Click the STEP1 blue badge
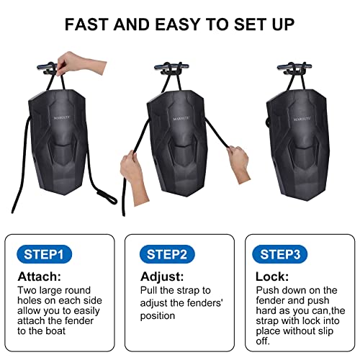(x=44, y=254)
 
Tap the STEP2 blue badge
(x=167, y=254)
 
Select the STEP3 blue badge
(x=280, y=254)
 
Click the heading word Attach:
(x=40, y=276)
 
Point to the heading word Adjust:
(x=162, y=276)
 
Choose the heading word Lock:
(x=272, y=276)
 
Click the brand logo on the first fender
(x=62, y=117)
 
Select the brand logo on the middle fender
(x=181, y=119)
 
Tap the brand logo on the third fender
(x=302, y=119)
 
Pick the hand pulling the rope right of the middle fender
(x=238, y=163)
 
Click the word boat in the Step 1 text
(x=55, y=331)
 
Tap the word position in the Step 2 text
(x=158, y=316)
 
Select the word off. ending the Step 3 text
(x=263, y=341)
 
